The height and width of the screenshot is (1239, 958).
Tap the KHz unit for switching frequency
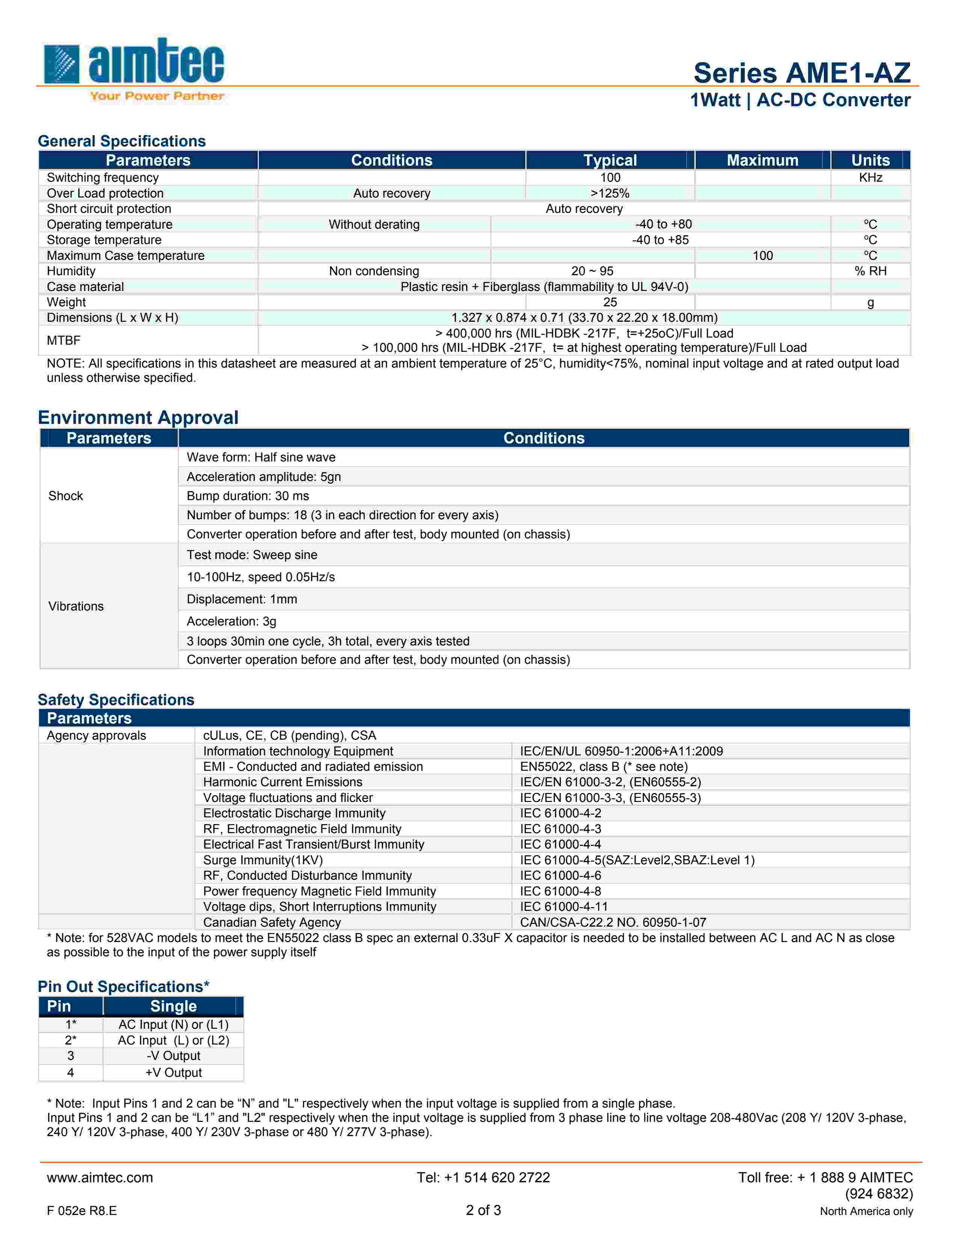tap(870, 178)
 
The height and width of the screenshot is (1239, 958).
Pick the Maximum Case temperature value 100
tap(762, 256)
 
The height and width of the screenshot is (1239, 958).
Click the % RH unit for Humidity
tap(870, 271)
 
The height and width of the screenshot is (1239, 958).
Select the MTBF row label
tap(63, 341)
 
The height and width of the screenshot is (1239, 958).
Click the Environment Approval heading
tap(138, 418)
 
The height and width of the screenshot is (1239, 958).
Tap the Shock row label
tap(66, 496)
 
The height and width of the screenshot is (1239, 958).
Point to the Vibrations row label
tap(76, 606)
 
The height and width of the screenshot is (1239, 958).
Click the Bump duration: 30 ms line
tap(248, 496)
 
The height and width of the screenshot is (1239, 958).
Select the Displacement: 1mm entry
tap(242, 599)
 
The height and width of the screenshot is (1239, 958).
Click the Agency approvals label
tap(97, 735)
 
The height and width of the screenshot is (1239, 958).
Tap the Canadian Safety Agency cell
tap(272, 922)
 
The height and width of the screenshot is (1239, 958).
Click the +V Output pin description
tap(173, 1072)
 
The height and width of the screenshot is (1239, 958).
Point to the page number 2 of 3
tap(483, 1210)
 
